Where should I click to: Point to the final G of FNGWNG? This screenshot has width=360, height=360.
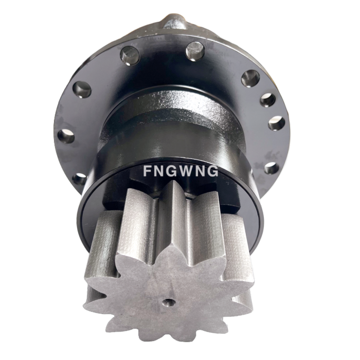211,171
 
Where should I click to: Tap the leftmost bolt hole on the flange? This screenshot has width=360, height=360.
66,136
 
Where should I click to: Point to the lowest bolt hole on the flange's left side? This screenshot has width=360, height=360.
79,178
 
